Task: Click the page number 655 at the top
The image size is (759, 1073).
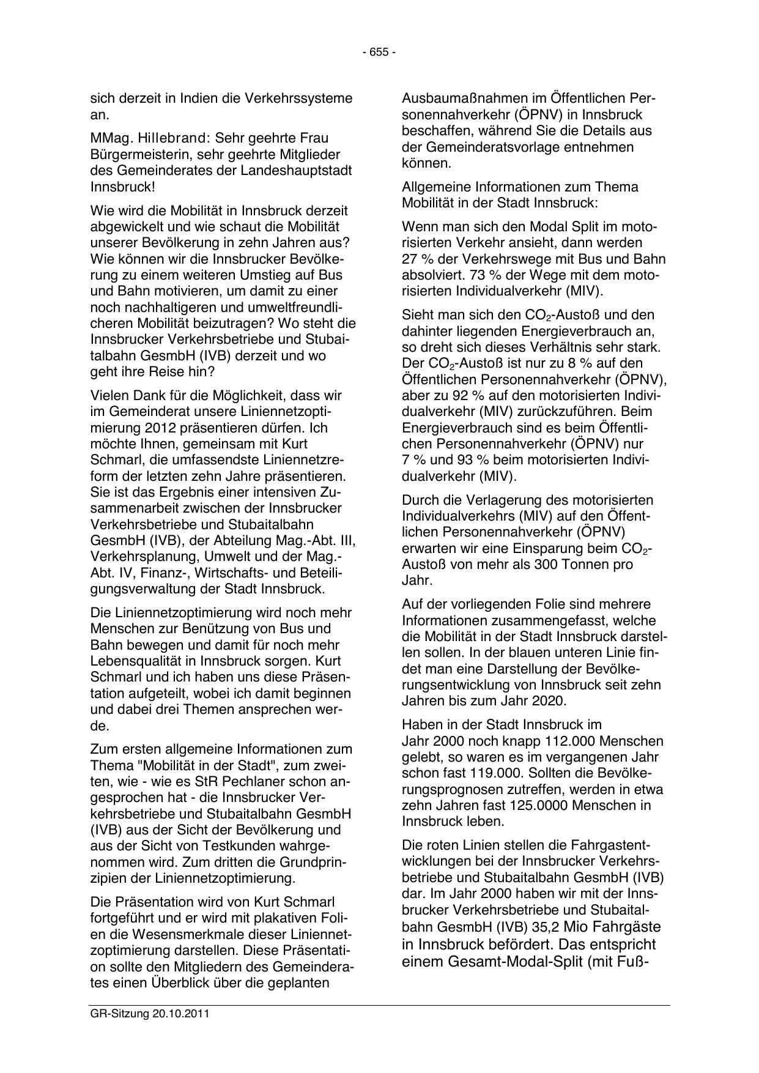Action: point(379,53)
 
